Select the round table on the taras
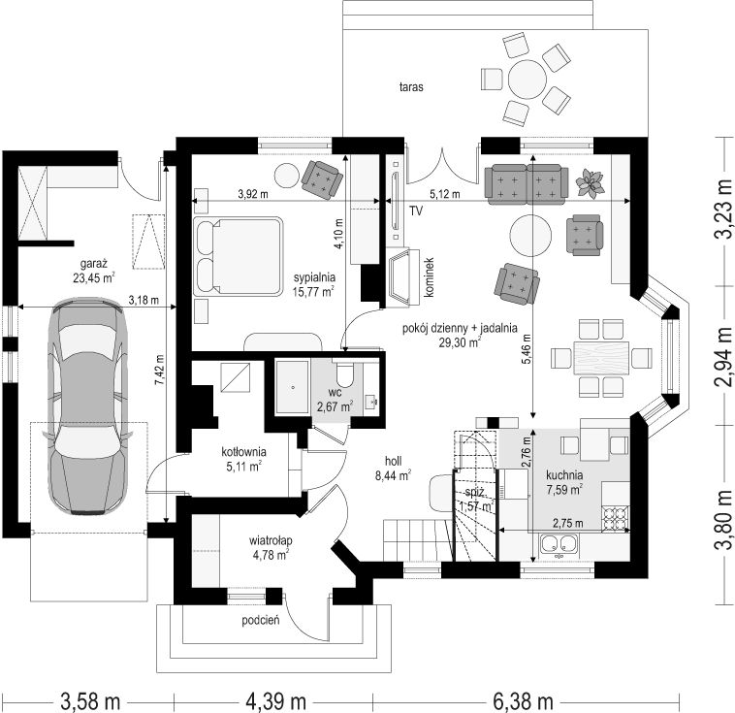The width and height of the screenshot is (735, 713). click(x=527, y=79)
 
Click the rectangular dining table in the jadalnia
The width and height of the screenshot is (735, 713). click(x=601, y=358)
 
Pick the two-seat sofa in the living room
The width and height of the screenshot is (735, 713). click(x=527, y=184)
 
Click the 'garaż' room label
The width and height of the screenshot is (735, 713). click(x=94, y=263)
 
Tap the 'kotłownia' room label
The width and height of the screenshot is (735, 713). click(x=243, y=452)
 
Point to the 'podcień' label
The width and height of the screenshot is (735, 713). click(x=261, y=621)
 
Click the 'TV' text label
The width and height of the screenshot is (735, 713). click(x=416, y=211)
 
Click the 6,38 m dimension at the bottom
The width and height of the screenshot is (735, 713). click(x=523, y=702)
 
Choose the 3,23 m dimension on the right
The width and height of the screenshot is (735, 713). click(x=723, y=210)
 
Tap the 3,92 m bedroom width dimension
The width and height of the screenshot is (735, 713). click(x=253, y=194)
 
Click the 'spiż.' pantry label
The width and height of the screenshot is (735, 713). click(x=472, y=492)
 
